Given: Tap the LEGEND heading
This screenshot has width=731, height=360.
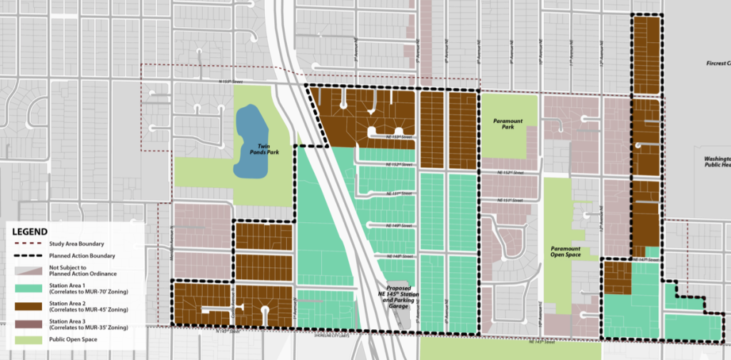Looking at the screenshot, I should tap(30, 232).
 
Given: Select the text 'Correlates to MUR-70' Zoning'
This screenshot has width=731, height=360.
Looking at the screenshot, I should tap(84, 293).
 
